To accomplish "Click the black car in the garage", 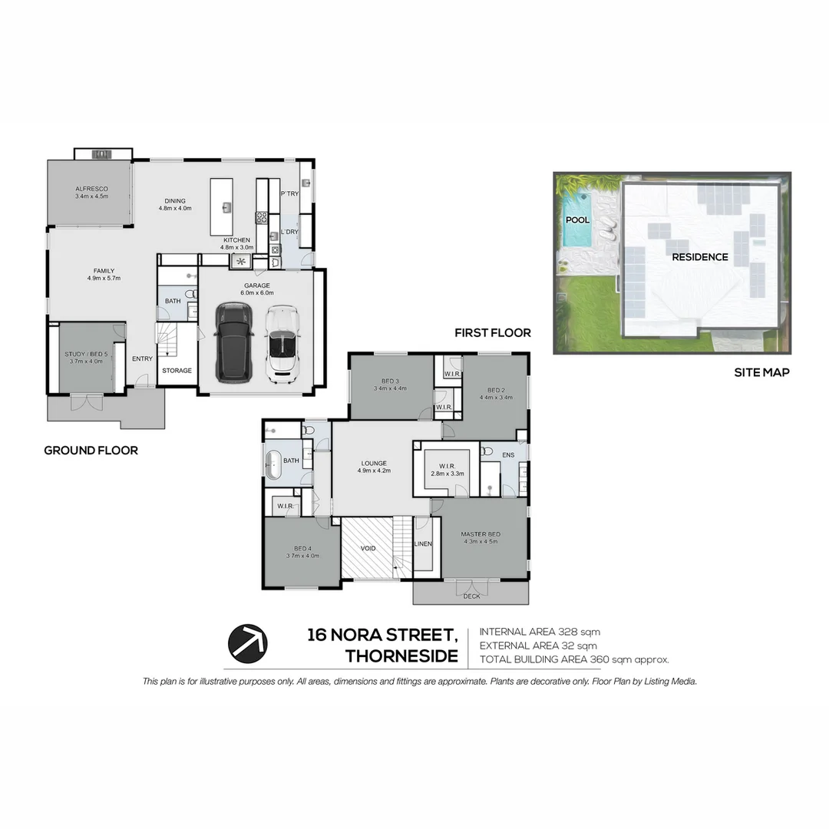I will [x=233, y=342].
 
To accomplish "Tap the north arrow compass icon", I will [x=247, y=641].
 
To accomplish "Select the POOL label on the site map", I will [x=577, y=220].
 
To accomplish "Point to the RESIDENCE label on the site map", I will [x=700, y=257].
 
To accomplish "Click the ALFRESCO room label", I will [x=91, y=189].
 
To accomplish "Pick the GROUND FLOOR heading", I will [x=91, y=451].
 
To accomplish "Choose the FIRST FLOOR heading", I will [x=492, y=333].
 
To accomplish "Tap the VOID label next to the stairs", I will [x=368, y=549].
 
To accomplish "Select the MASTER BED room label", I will [x=481, y=534].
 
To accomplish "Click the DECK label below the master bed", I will [x=471, y=596].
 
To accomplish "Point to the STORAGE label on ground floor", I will [x=177, y=371].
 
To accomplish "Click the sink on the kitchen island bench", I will [x=227, y=206].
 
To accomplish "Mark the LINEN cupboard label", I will [x=423, y=543].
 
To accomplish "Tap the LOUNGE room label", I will [x=374, y=463].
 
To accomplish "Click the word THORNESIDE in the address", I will [x=401, y=657].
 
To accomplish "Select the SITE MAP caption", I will [x=761, y=373].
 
